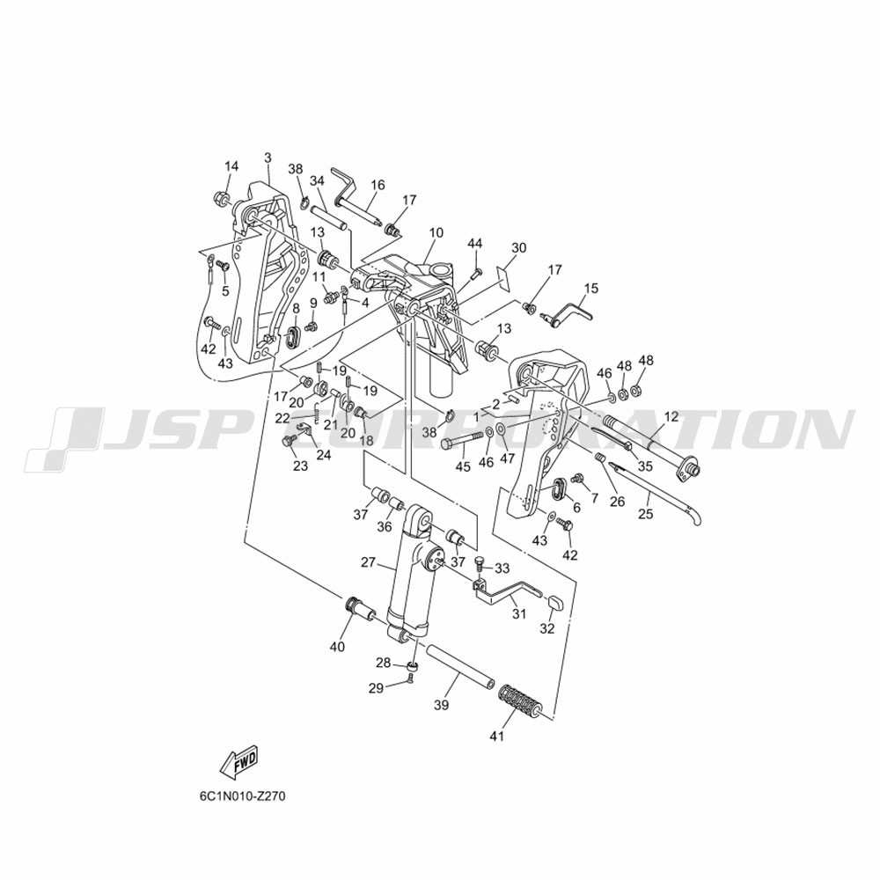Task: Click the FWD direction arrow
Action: click(239, 762)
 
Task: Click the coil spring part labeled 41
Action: click(520, 699)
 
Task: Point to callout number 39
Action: click(442, 705)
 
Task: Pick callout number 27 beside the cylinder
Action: click(368, 562)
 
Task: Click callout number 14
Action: click(231, 166)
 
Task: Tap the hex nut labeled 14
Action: click(221, 198)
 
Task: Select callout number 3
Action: click(268, 158)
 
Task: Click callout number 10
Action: click(436, 232)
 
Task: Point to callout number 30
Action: click(518, 247)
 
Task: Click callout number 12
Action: click(671, 417)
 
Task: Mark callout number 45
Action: click(463, 466)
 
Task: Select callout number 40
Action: click(337, 647)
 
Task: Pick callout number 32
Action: click(547, 628)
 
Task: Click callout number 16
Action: click(378, 185)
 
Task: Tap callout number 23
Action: click(301, 466)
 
